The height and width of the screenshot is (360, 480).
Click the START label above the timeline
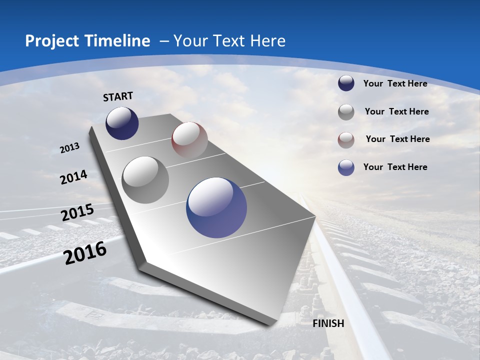(118, 96)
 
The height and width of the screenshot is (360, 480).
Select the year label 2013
(70, 148)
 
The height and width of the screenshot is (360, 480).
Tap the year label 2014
(73, 177)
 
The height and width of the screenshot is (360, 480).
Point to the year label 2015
(77, 212)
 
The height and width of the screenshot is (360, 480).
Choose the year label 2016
(85, 253)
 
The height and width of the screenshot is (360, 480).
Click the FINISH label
(328, 323)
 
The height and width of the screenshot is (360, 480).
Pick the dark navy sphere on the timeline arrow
(122, 123)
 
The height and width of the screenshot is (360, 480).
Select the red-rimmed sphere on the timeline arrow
(189, 139)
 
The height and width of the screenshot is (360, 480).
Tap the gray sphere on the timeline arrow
(145, 179)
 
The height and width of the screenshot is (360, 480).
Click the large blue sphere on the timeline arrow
(216, 207)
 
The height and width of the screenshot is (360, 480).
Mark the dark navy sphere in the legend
(346, 83)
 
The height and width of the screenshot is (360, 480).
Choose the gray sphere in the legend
(346, 112)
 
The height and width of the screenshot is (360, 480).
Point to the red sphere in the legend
(346, 140)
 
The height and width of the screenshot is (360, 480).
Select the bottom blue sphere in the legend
(346, 167)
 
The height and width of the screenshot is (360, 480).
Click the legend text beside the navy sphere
(395, 83)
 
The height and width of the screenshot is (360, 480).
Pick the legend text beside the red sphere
(397, 139)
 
